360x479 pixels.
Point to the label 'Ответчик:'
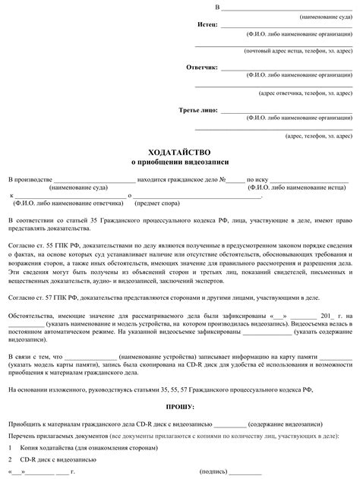[x=202, y=68]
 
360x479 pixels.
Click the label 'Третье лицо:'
[x=198, y=110]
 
